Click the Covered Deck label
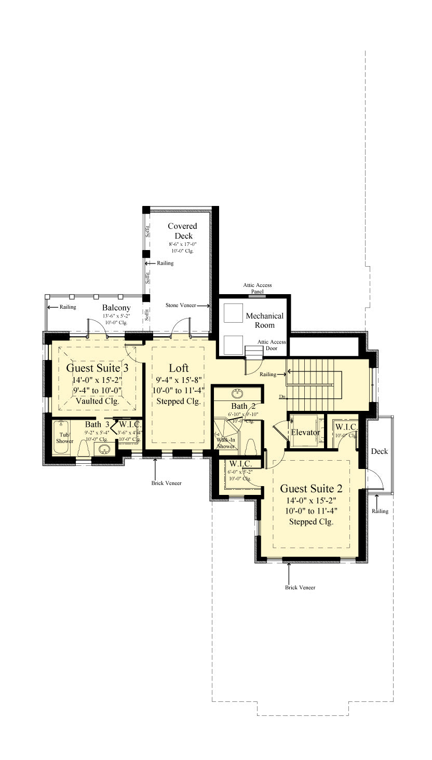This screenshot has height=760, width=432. tap(182, 231)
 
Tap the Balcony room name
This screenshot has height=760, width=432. tap(116, 308)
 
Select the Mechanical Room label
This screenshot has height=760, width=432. tap(264, 321)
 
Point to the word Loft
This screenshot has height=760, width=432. tap(179, 368)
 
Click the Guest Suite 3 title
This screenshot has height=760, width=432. tap(97, 368)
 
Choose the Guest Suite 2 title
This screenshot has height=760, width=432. tap(311, 489)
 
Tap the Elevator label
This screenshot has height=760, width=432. tap(305, 432)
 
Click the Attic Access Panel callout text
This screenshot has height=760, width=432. tap(258, 288)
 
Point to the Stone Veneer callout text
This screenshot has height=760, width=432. tap(180, 306)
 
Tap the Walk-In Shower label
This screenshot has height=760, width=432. tap(226, 443)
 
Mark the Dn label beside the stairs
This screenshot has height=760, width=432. tap(282, 397)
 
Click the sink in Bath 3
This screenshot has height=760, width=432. tap(105, 449)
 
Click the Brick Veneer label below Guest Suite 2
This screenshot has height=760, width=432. tap(300, 587)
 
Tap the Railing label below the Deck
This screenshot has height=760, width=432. tap(380, 511)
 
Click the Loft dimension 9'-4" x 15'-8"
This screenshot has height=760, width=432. tap(179, 380)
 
